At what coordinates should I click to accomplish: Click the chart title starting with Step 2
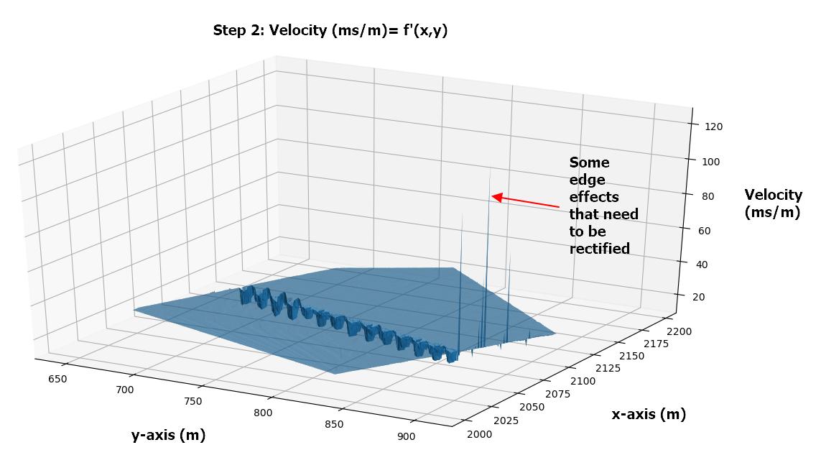coord(330,30)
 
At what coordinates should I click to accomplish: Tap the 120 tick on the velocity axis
coord(714,127)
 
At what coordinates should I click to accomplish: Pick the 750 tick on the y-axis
coord(192,401)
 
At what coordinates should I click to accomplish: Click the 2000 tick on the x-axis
coord(480,433)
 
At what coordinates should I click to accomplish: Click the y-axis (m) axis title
coord(168,435)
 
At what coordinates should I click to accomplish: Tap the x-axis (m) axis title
coord(649,414)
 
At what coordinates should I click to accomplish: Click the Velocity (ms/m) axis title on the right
coord(773,203)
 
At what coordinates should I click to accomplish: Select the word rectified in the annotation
coord(599,249)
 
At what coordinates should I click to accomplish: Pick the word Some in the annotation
coord(589,162)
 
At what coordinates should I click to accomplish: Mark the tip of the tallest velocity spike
coord(490,169)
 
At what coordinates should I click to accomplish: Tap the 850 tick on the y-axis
coord(334,424)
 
